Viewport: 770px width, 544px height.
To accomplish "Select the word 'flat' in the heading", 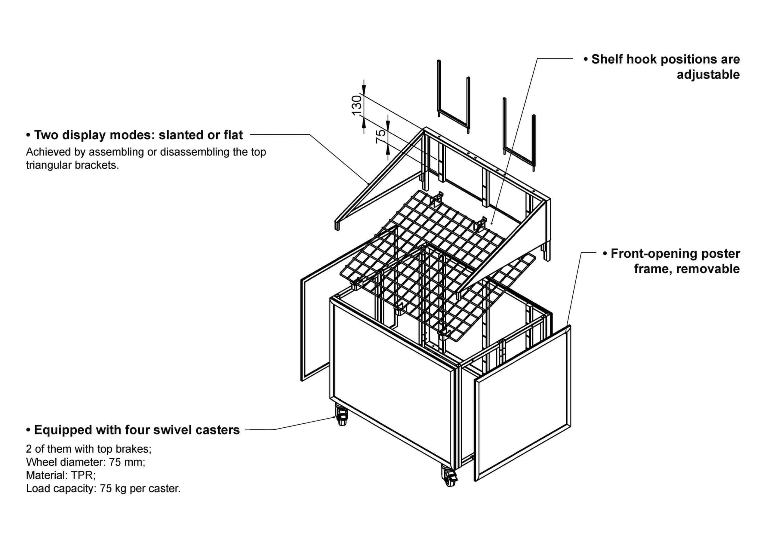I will click(233, 135).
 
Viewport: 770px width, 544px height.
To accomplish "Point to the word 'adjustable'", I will click(708, 75).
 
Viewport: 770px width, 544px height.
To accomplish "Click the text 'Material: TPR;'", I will click(61, 475).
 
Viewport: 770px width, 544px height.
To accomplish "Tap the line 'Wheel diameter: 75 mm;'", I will click(85, 462).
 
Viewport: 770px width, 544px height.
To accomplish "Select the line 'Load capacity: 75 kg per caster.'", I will click(103, 489).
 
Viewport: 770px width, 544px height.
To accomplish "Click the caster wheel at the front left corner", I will click(342, 418).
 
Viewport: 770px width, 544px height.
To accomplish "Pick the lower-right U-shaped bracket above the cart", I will click(519, 134).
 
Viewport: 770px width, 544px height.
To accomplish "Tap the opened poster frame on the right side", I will click(523, 402).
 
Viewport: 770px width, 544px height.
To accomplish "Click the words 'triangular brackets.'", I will click(72, 165).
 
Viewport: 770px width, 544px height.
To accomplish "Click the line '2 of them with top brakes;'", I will click(88, 449).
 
